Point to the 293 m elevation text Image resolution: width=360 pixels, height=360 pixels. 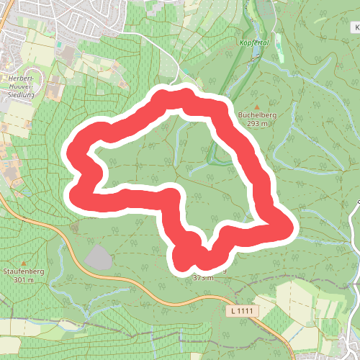click(x=257, y=123)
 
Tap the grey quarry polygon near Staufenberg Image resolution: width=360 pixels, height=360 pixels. click(x=98, y=257)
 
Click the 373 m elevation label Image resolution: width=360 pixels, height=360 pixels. click(x=204, y=277)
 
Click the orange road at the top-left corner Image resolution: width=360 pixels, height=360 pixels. click(x=4, y=14)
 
